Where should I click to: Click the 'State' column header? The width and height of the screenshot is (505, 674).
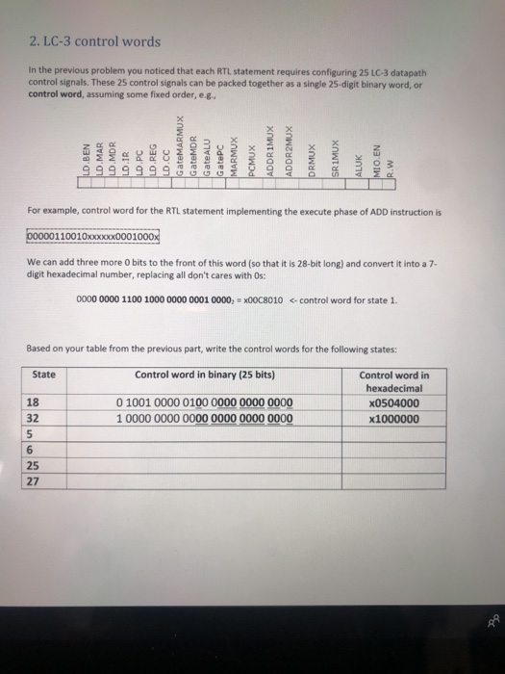coord(43,375)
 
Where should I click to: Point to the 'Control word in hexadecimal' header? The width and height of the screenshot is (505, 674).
coord(393,381)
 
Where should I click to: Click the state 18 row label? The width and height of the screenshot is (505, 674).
coord(32,403)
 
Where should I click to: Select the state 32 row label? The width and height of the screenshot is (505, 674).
coord(32,419)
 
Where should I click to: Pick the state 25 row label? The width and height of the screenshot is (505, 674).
coord(32,466)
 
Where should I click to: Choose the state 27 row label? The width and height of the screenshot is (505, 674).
coord(32,482)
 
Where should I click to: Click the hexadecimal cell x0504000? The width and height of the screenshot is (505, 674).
coord(393,403)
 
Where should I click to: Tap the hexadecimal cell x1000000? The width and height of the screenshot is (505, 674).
coord(393,419)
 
